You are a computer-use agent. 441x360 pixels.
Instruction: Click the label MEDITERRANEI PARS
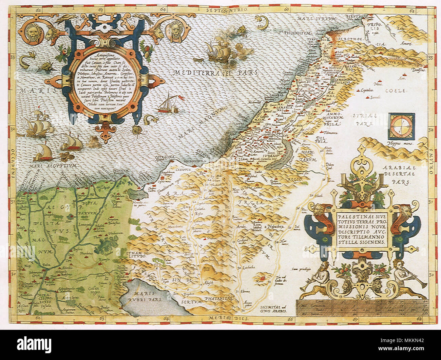215,73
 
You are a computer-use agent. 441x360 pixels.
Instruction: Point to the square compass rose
401,125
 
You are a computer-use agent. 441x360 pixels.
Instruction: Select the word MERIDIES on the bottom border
227,318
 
